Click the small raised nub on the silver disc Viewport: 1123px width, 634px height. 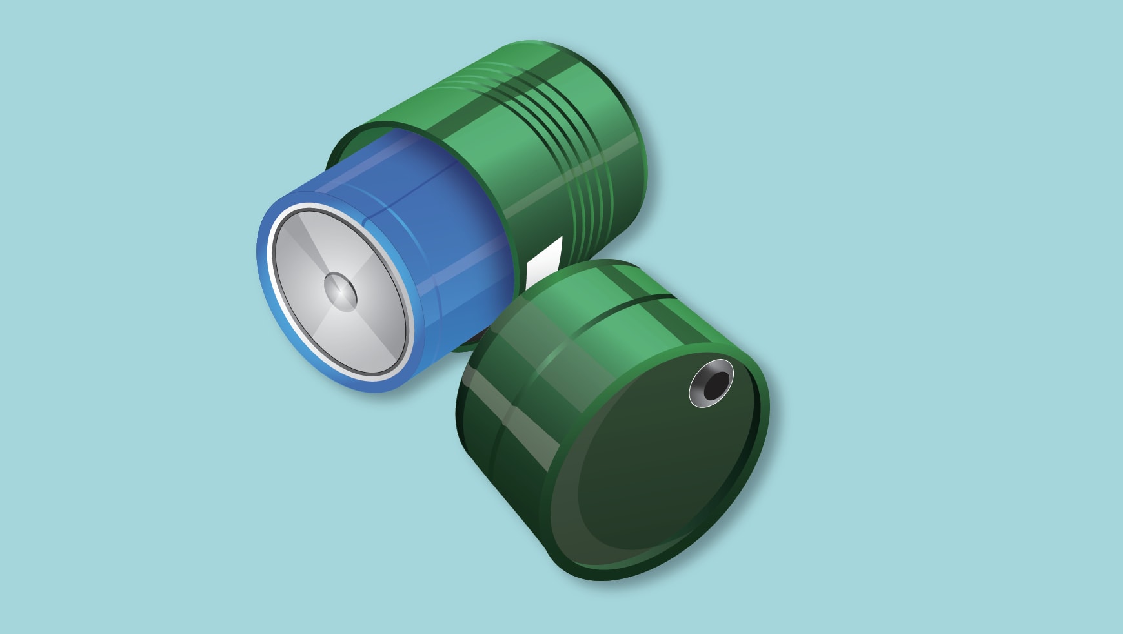click(x=340, y=291)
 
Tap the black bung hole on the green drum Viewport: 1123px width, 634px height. click(x=715, y=385)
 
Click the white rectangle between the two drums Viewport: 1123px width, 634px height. click(x=544, y=261)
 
